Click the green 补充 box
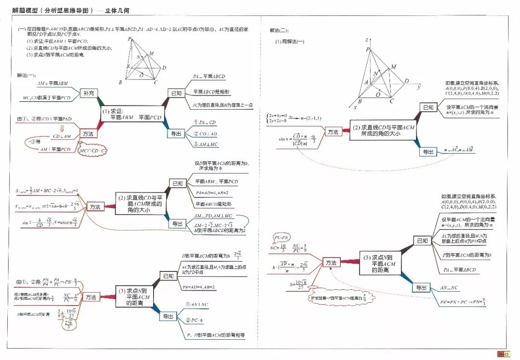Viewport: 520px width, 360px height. pos(88,93)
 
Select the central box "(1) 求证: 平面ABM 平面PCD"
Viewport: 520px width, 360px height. pos(131,114)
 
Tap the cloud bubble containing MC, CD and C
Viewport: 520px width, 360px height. pos(92,151)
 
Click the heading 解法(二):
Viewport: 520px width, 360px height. pos(279,31)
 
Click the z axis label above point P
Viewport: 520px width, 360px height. pos(367,40)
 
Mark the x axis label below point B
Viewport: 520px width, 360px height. pos(355,107)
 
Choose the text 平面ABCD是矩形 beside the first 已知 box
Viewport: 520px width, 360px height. pos(212,91)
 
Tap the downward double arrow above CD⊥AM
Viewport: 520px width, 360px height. pos(62,128)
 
